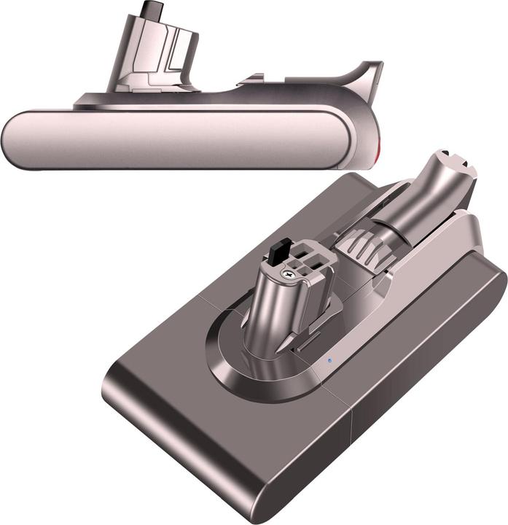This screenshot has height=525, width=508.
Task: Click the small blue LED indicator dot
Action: coord(329,359)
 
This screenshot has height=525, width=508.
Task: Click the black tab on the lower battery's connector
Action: coord(277,254)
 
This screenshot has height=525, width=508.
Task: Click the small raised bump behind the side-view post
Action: coord(251,77)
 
